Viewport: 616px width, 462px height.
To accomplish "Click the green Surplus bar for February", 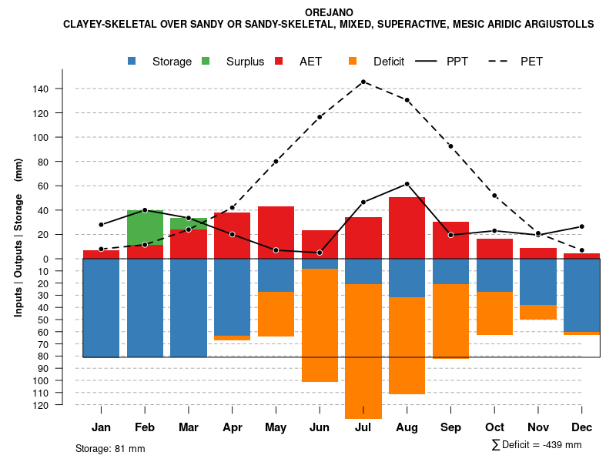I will [x=145, y=227].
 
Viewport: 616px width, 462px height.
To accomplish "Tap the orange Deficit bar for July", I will [x=363, y=351].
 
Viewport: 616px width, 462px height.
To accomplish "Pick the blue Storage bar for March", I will [x=189, y=308].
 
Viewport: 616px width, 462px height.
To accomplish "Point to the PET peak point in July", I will [x=363, y=82].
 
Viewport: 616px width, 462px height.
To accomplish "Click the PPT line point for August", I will [x=407, y=184].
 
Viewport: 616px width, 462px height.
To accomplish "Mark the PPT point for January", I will [x=101, y=225].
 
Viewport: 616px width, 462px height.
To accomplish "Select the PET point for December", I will [x=582, y=250].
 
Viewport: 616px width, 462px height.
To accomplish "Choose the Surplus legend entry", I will [x=234, y=62].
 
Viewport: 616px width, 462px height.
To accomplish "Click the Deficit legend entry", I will [x=377, y=62].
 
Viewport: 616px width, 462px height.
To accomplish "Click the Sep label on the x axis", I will [x=450, y=427].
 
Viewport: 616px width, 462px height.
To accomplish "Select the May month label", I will [x=276, y=427].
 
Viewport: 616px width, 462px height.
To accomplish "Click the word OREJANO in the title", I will [x=328, y=13].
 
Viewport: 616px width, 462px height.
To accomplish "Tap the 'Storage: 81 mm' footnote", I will [x=110, y=448].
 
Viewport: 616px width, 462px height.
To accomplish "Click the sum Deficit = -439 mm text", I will [x=536, y=445].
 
